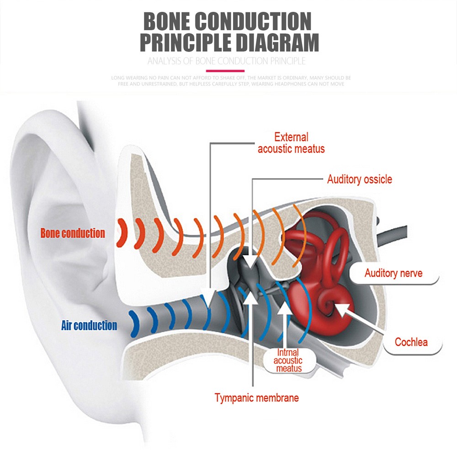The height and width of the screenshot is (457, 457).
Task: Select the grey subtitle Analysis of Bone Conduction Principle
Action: tap(227, 61)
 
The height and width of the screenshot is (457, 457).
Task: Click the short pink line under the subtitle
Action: tap(225, 71)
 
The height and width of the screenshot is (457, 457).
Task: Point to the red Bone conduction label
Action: tap(73, 233)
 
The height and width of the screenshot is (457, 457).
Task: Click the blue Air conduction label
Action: tap(89, 325)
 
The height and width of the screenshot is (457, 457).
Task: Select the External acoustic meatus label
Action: tap(291, 143)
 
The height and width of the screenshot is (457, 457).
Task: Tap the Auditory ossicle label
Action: tap(360, 179)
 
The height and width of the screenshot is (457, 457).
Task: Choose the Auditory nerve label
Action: tap(393, 273)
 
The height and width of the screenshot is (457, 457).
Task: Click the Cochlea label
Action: tap(411, 342)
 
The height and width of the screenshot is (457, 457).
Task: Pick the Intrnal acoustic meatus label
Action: tap(288, 361)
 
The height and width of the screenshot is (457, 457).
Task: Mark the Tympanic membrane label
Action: tap(257, 398)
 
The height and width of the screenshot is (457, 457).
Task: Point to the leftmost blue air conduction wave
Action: tap(135, 324)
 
